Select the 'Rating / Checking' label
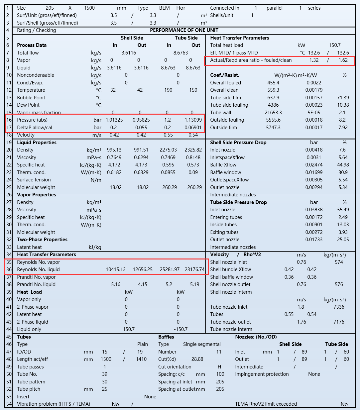(x=37, y=30)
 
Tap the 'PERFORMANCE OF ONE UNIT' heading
(x=184, y=30)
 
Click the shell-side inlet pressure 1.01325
(x=114, y=120)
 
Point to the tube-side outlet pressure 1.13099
(x=193, y=120)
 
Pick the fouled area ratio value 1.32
(x=314, y=60)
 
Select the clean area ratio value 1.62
(x=343, y=60)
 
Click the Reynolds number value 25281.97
(x=170, y=269)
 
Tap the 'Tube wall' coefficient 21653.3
(x=273, y=113)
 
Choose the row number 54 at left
(x=9, y=404)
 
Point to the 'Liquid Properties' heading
(x=37, y=143)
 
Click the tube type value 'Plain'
(x=143, y=344)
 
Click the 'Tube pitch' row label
(x=29, y=389)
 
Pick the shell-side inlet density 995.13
(x=114, y=150)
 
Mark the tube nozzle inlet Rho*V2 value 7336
(x=339, y=307)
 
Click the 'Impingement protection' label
(x=262, y=374)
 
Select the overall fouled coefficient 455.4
(x=273, y=83)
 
